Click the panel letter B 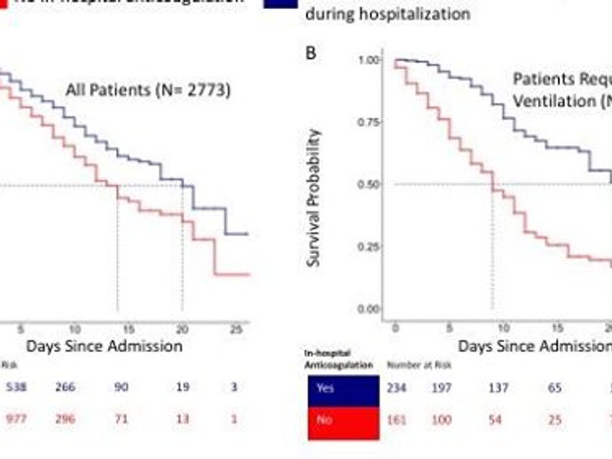click(x=311, y=53)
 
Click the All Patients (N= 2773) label click(x=148, y=89)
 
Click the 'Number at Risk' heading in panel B click(x=412, y=364)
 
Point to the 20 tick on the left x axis click(x=182, y=328)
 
